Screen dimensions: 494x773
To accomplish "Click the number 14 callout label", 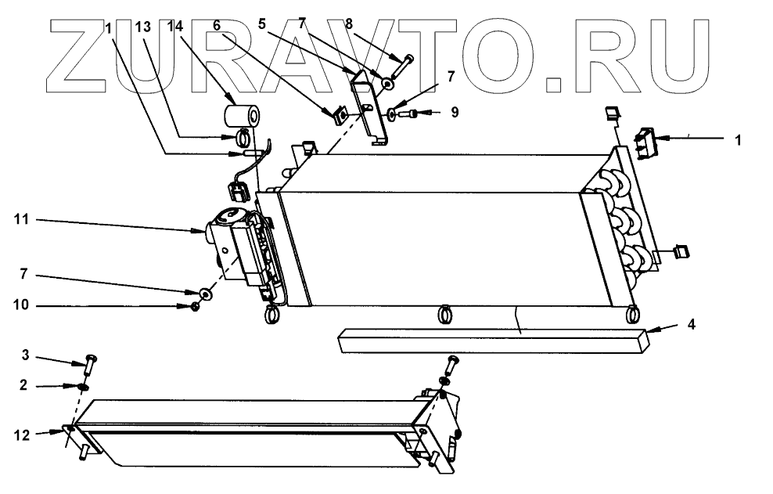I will pyautogui.click(x=176, y=27).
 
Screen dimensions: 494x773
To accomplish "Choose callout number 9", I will pyautogui.click(x=455, y=112).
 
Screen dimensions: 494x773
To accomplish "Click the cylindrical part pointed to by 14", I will pyautogui.click(x=239, y=117).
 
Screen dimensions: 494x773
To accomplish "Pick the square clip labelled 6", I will pyautogui.click(x=340, y=116).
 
